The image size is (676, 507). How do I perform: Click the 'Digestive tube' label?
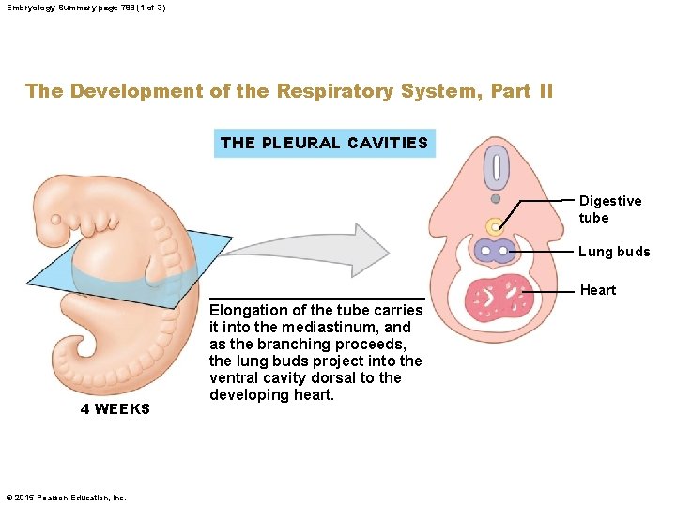[610, 209]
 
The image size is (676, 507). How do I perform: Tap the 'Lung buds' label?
[613, 252]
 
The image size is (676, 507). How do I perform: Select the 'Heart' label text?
[598, 290]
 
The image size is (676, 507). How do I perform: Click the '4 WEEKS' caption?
[115, 408]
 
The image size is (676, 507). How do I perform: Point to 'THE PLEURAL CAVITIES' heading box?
[324, 143]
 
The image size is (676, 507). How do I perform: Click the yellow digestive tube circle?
[494, 226]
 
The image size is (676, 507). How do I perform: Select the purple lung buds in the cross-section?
[495, 251]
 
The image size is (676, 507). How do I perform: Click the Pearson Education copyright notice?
[66, 497]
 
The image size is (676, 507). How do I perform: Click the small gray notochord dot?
[495, 199]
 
